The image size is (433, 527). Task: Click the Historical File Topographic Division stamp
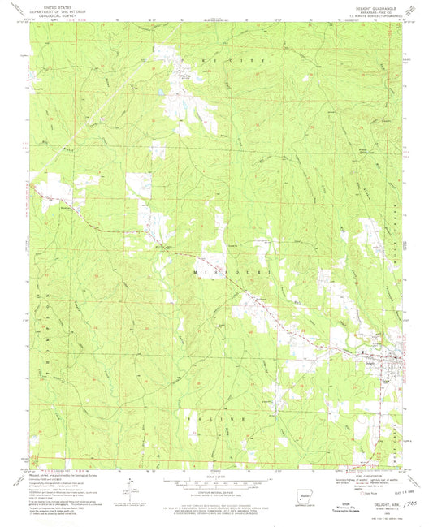(x=336, y=510)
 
